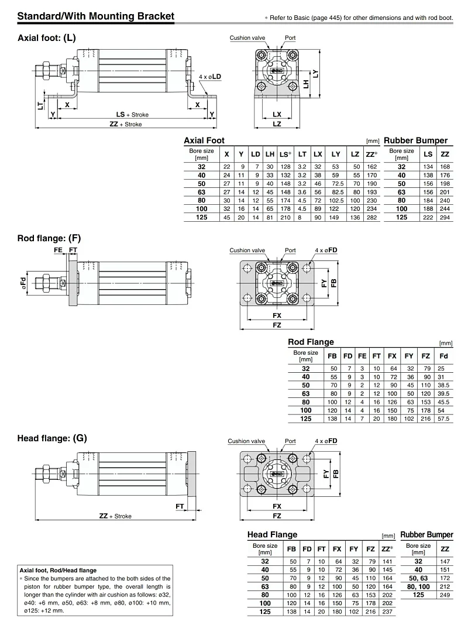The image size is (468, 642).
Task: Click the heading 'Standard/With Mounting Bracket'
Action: (x=96, y=16)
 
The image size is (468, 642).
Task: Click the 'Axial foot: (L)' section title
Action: (x=47, y=38)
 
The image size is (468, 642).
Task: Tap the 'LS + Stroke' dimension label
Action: (x=132, y=115)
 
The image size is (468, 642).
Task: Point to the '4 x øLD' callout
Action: (x=209, y=77)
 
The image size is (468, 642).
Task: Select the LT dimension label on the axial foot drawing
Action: (x=40, y=105)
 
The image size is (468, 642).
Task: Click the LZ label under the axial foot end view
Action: (x=277, y=123)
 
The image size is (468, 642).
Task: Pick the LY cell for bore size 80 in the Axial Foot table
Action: (x=336, y=201)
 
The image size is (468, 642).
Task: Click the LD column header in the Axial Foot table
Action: (x=256, y=155)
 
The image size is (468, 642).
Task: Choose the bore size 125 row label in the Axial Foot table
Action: (x=201, y=217)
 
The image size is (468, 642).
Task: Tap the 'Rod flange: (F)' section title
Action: (x=49, y=238)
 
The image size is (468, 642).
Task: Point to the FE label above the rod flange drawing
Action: (x=58, y=250)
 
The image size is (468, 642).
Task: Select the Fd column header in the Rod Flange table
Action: (x=443, y=356)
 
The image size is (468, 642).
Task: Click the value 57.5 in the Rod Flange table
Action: (x=443, y=419)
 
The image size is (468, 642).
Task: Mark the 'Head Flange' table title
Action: (x=272, y=534)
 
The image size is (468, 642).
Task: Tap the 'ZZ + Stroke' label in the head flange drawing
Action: (x=115, y=516)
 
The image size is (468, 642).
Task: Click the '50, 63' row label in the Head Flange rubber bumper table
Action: (x=418, y=578)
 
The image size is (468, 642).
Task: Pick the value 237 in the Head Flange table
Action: (x=387, y=612)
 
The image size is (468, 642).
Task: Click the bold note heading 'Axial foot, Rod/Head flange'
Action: (x=58, y=571)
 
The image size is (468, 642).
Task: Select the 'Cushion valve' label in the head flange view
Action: (x=246, y=441)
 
